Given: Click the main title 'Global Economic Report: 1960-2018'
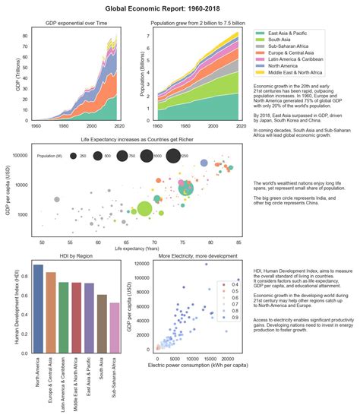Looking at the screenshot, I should click(180, 8).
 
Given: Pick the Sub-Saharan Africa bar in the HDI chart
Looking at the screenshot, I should click(115, 328).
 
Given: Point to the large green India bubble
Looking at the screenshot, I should click(145, 208).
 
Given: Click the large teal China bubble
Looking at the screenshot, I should click(186, 188).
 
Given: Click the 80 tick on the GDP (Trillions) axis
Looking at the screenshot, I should click(24, 36).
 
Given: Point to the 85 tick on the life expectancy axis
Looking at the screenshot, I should click(238, 242).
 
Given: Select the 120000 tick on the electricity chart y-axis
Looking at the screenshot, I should click(139, 264).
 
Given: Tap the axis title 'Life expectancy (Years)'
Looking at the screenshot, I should click(137, 249).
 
